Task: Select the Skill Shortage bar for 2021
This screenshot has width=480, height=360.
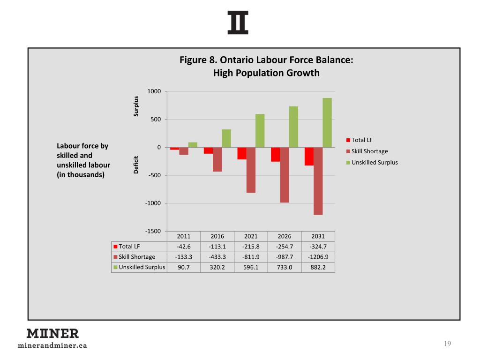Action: [251, 170]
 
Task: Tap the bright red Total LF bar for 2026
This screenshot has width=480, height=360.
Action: [275, 154]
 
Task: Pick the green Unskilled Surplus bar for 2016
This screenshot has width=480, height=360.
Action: [226, 138]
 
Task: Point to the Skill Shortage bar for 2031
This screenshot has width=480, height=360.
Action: [318, 181]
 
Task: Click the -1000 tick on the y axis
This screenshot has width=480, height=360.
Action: [153, 203]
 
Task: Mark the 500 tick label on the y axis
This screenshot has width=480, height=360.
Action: [155, 120]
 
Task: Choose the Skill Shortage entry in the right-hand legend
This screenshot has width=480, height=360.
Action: [369, 151]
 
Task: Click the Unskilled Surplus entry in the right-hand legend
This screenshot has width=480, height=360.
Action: [374, 162]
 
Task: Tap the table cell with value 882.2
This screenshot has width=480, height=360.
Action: [318, 267]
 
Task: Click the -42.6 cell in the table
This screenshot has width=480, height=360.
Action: [183, 247]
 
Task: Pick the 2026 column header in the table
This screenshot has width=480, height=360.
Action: [284, 236]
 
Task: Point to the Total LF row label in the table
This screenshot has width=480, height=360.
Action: [129, 247]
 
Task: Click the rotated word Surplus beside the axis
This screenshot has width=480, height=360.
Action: [136, 106]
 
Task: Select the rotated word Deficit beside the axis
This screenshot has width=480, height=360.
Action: [136, 165]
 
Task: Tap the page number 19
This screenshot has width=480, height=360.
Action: [447, 344]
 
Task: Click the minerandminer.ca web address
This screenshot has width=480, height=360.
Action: [52, 346]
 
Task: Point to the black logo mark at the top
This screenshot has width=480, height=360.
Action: [238, 22]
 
